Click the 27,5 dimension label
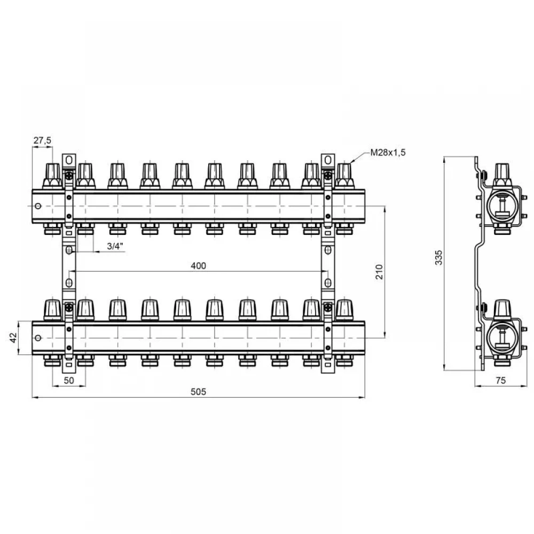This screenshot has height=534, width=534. (x=42, y=140)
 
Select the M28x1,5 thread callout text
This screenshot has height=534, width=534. (x=388, y=153)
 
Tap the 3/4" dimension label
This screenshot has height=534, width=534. (x=115, y=246)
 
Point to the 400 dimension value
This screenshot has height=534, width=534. (x=198, y=265)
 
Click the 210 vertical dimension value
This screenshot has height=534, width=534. (x=379, y=272)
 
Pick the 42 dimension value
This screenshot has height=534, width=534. (x=13, y=338)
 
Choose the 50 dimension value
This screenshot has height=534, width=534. (x=69, y=380)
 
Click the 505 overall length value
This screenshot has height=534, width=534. (x=198, y=392)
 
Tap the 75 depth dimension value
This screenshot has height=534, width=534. (x=501, y=380)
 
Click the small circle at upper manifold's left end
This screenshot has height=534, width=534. (x=38, y=206)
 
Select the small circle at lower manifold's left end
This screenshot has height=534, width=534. (x=38, y=338)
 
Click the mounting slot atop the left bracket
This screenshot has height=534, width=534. (x=69, y=159)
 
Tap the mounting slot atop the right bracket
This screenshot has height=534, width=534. (x=328, y=159)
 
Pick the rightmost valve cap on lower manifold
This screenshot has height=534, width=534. (x=344, y=310)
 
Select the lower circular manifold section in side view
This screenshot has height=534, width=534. (x=501, y=338)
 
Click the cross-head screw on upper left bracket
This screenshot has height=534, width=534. (x=69, y=176)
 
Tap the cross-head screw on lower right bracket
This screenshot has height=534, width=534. (x=328, y=308)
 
